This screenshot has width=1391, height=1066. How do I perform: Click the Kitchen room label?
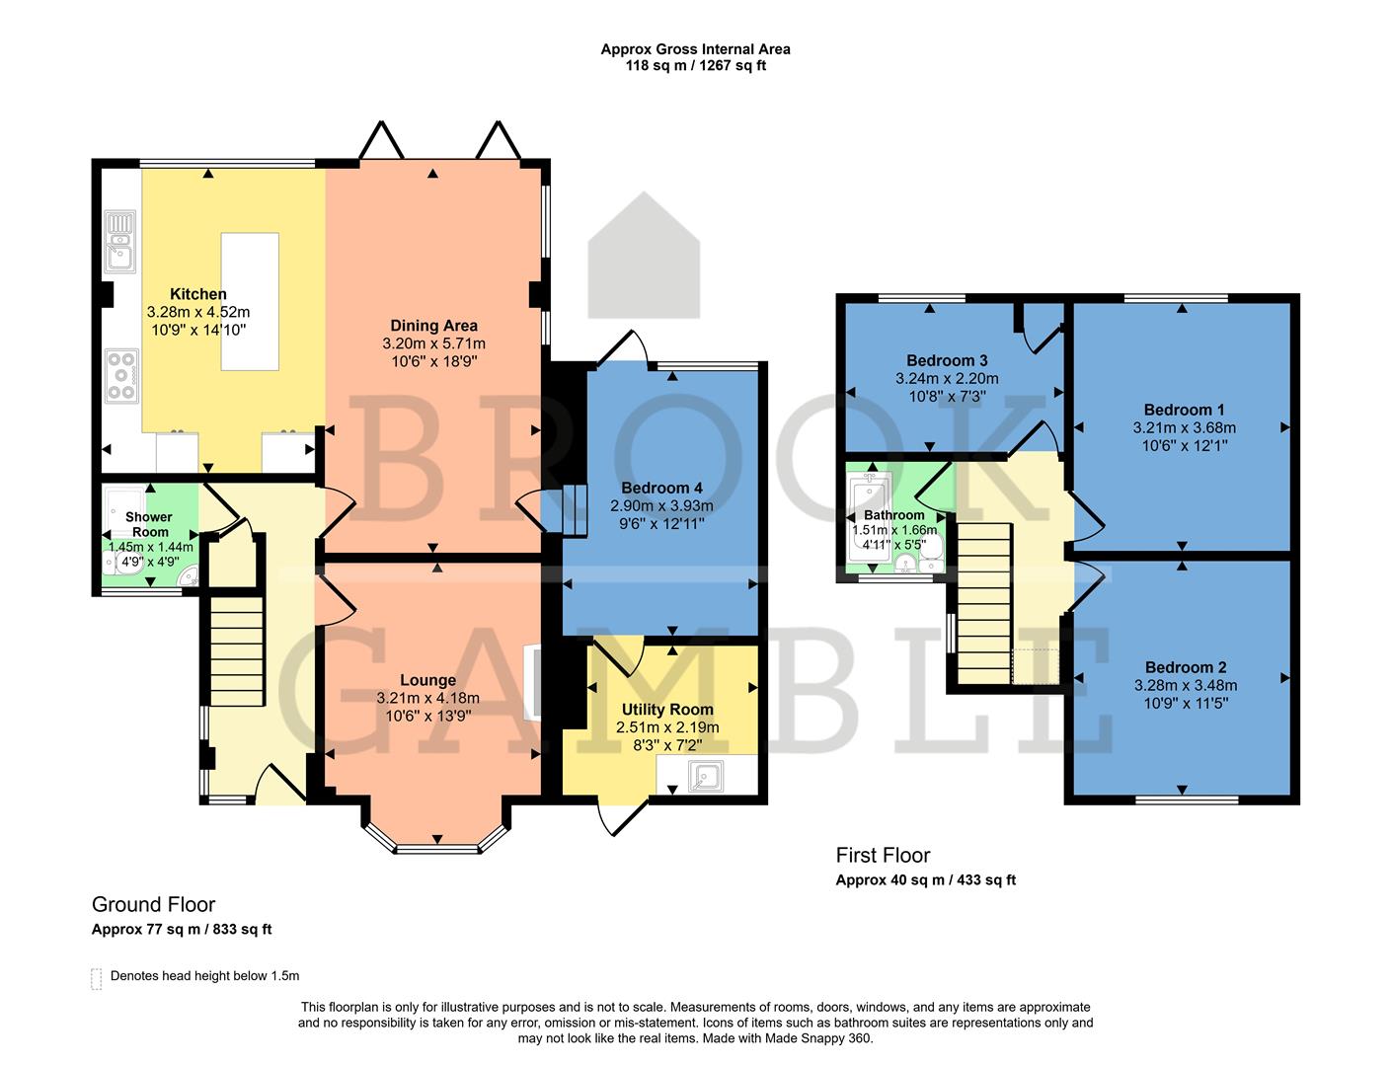(198, 294)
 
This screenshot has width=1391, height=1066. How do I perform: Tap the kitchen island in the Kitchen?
(250, 301)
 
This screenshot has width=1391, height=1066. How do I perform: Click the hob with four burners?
(121, 376)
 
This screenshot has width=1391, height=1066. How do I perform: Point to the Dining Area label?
(433, 326)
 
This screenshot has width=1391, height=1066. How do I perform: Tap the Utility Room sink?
(707, 777)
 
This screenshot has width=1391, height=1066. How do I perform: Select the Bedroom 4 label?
(661, 488)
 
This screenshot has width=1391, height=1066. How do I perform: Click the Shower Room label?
(149, 524)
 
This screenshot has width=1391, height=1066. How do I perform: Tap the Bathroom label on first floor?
(894, 515)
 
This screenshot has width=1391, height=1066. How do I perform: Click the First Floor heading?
(883, 855)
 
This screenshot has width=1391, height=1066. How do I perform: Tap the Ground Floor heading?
(153, 904)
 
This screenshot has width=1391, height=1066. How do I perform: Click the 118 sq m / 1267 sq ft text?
(695, 66)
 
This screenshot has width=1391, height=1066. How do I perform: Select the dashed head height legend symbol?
(96, 977)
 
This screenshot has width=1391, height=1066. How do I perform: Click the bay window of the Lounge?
(435, 846)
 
